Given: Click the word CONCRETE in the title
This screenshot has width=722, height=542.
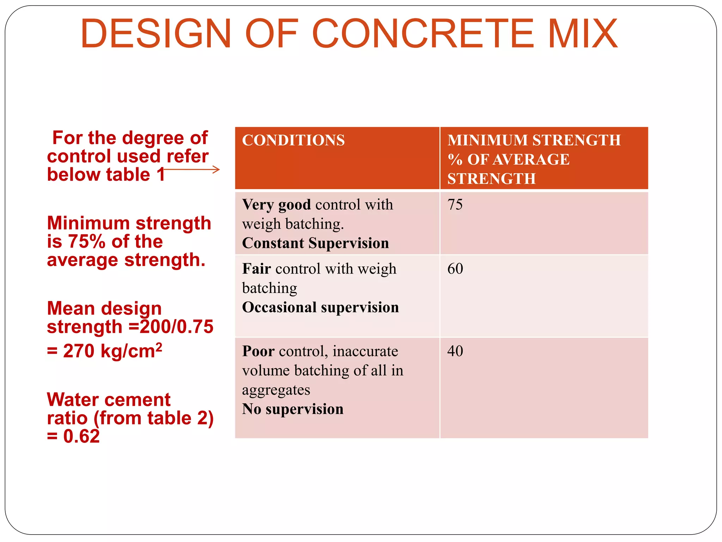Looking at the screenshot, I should tap(423, 34).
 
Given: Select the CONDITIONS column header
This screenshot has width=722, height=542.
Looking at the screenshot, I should tap(293, 140).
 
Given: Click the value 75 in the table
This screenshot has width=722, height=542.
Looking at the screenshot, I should tap(455, 205).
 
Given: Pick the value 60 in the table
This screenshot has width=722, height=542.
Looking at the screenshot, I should tap(455, 269).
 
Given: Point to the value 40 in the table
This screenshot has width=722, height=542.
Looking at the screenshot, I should tap(455, 351).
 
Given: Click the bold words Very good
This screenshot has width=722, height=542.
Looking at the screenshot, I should tap(276, 205).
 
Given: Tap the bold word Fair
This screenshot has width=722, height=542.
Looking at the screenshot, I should tap(256, 269).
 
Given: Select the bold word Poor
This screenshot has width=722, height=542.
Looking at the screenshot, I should tap(258, 351).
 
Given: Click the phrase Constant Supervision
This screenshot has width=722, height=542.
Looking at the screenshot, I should tap(316, 243).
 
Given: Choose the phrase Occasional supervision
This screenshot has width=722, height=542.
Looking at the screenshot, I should tap(320, 307).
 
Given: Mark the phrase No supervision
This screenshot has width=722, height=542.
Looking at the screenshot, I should tap(293, 409).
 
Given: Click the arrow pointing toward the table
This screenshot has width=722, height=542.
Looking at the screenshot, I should tap(192, 170).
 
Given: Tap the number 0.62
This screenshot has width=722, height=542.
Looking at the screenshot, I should tap(81, 436).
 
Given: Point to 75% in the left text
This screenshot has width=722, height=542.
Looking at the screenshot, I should tap(87, 242).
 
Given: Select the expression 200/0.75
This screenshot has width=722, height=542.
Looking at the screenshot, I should tap(177, 327).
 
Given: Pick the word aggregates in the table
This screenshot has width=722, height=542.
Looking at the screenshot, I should tap(276, 390).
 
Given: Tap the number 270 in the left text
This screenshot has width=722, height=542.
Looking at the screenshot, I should tap(79, 351).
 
